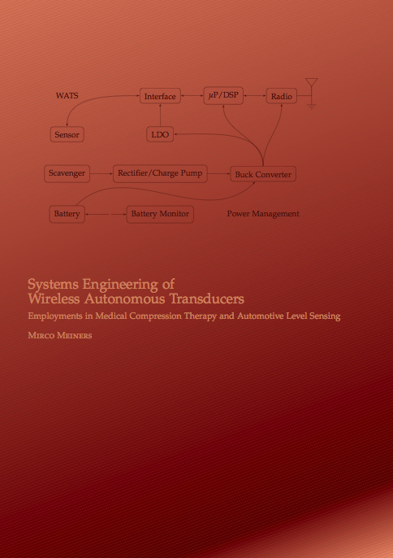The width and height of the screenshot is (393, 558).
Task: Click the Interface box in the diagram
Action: [160, 96]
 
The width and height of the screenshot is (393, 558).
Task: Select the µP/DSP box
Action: [223, 95]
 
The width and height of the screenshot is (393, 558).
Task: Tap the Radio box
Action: [282, 96]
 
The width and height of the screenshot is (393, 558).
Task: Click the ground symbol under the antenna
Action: [312, 107]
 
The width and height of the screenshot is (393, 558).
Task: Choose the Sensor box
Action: [67, 134]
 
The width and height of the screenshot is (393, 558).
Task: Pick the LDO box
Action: [160, 134]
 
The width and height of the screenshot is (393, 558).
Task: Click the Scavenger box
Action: [67, 173]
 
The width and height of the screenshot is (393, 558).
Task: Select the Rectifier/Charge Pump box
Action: [160, 173]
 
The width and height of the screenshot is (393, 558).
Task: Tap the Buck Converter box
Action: [263, 174]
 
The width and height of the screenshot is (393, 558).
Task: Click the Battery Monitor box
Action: [160, 214]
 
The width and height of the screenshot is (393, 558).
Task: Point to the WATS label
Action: [67, 96]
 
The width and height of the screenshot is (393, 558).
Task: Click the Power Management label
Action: [263, 214]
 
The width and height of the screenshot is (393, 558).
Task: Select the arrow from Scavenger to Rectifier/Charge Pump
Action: [101, 174]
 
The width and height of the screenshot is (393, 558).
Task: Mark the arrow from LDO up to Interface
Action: [160, 116]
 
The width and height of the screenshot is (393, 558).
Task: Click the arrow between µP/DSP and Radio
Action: [255, 96]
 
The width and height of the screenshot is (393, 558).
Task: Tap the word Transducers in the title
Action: [207, 299]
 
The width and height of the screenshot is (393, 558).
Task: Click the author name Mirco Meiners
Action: [60, 335]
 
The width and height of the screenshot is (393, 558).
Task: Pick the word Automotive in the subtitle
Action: [260, 316]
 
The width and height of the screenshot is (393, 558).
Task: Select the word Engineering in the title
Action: [120, 285]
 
